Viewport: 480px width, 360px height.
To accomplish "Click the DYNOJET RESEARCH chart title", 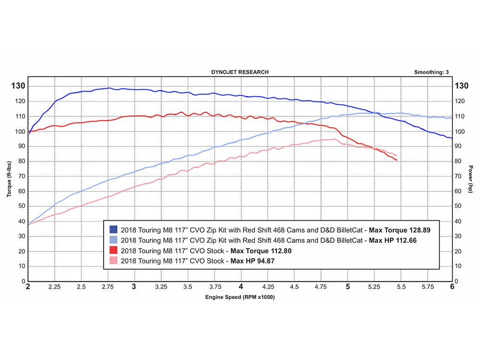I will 240,72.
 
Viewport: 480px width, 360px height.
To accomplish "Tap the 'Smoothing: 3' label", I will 431,72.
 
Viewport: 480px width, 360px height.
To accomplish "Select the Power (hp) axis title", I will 471,179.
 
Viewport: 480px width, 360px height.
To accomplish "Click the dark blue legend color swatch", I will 113,230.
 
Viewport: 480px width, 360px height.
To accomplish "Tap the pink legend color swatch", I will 113,261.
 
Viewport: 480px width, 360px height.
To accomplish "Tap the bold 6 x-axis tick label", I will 452,287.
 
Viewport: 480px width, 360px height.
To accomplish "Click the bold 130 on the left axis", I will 18,86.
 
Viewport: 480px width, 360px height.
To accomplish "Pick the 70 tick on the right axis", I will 459,176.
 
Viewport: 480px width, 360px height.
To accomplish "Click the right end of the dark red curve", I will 396,160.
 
